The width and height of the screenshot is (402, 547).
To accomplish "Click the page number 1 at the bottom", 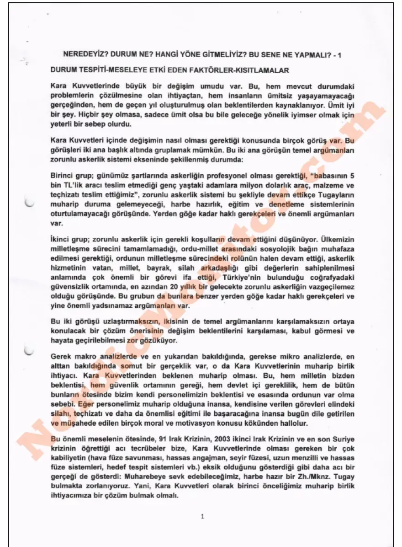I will click(202, 517).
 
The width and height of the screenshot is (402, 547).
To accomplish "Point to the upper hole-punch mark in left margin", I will click(30, 202).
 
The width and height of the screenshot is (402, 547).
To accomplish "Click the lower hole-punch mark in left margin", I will click(29, 350).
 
